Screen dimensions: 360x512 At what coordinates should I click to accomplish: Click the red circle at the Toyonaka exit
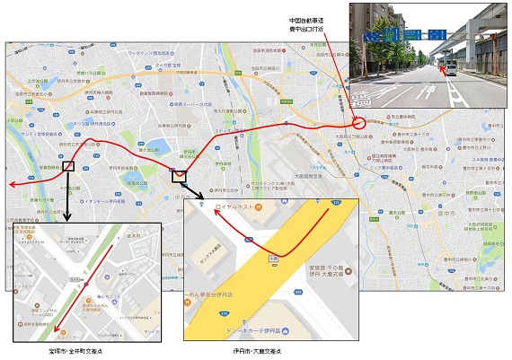[x=359, y=120]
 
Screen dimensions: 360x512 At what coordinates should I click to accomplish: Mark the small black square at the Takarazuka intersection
[x=69, y=166]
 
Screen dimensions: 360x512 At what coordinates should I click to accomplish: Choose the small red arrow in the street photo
[x=440, y=67]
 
